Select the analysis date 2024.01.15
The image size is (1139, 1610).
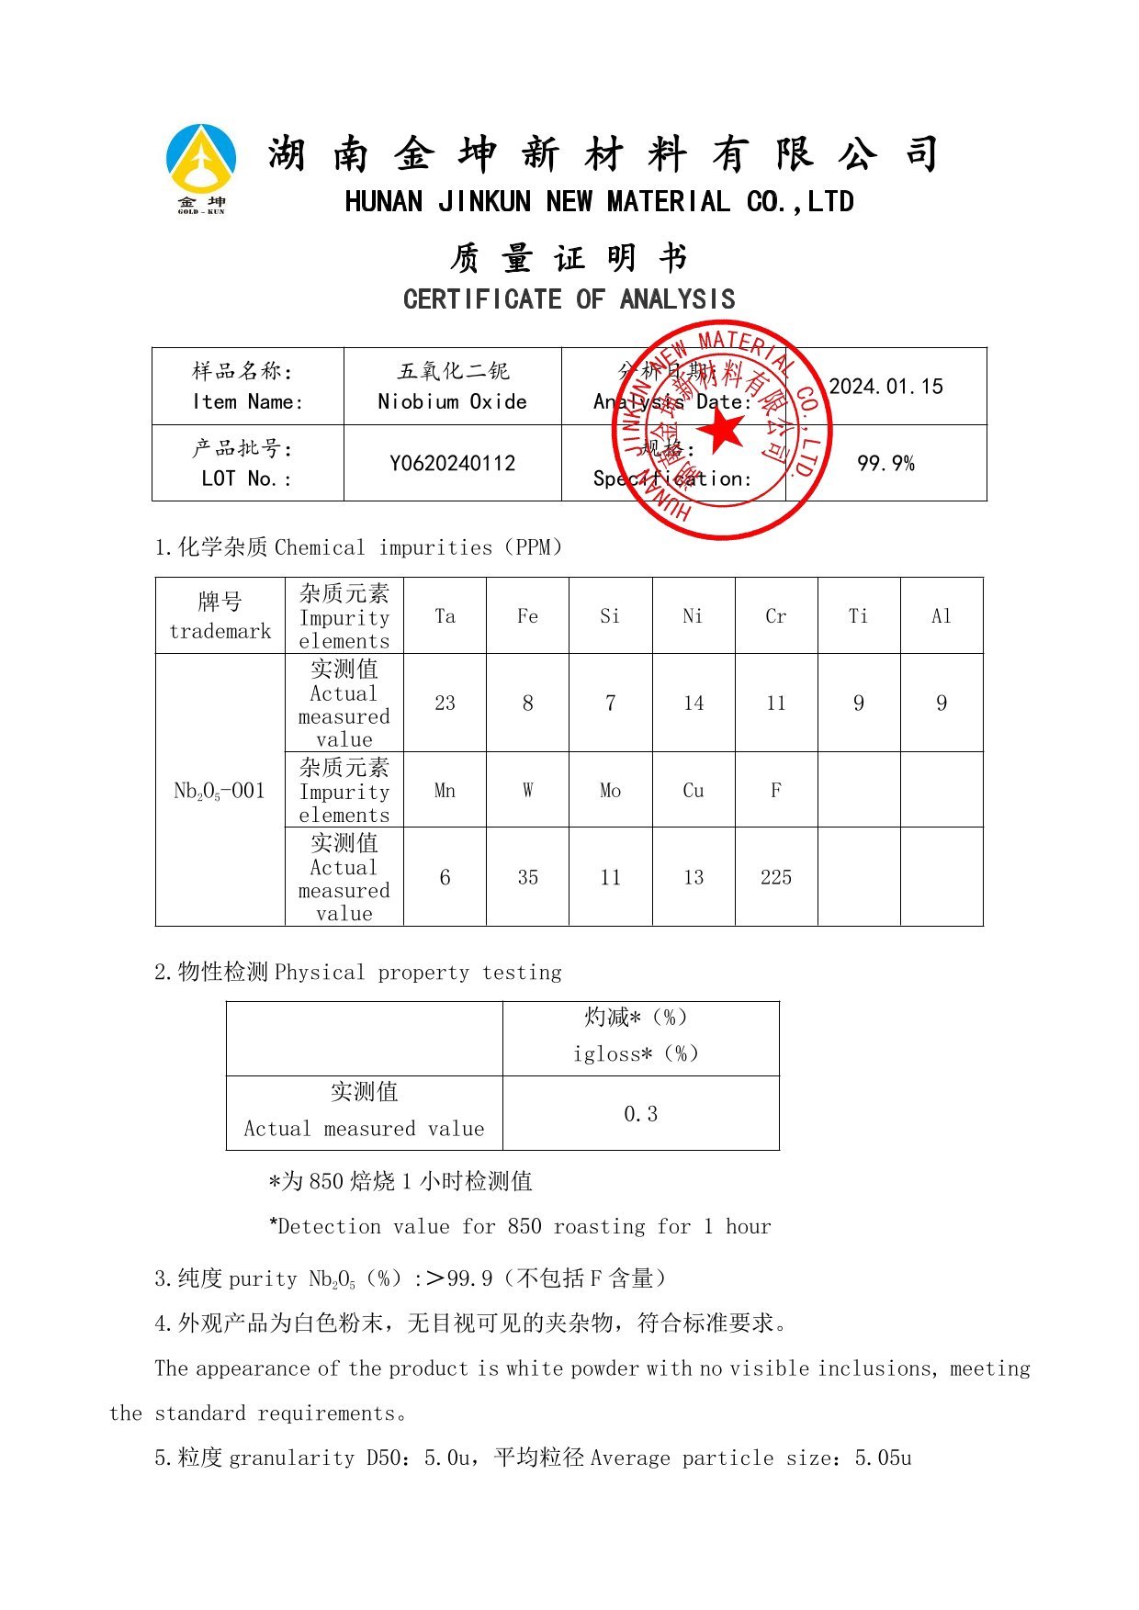[885, 387]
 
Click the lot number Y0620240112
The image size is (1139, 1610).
[452, 463]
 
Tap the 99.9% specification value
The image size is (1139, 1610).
[885, 463]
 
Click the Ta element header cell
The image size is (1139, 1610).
[445, 616]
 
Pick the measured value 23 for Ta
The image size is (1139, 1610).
[445, 704]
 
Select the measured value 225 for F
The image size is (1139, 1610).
[775, 877]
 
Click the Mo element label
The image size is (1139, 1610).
[610, 791]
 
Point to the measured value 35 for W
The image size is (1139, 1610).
[527, 877]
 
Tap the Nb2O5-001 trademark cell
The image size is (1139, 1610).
[220, 791]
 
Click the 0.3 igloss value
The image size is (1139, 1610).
[640, 1114]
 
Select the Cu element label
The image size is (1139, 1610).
[693, 791]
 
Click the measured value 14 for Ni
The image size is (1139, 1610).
[693, 704]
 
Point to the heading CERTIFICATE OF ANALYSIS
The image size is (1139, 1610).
[569, 299]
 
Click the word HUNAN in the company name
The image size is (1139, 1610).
[383, 202]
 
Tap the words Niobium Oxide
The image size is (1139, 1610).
[452, 401]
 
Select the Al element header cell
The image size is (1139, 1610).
[941, 616]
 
